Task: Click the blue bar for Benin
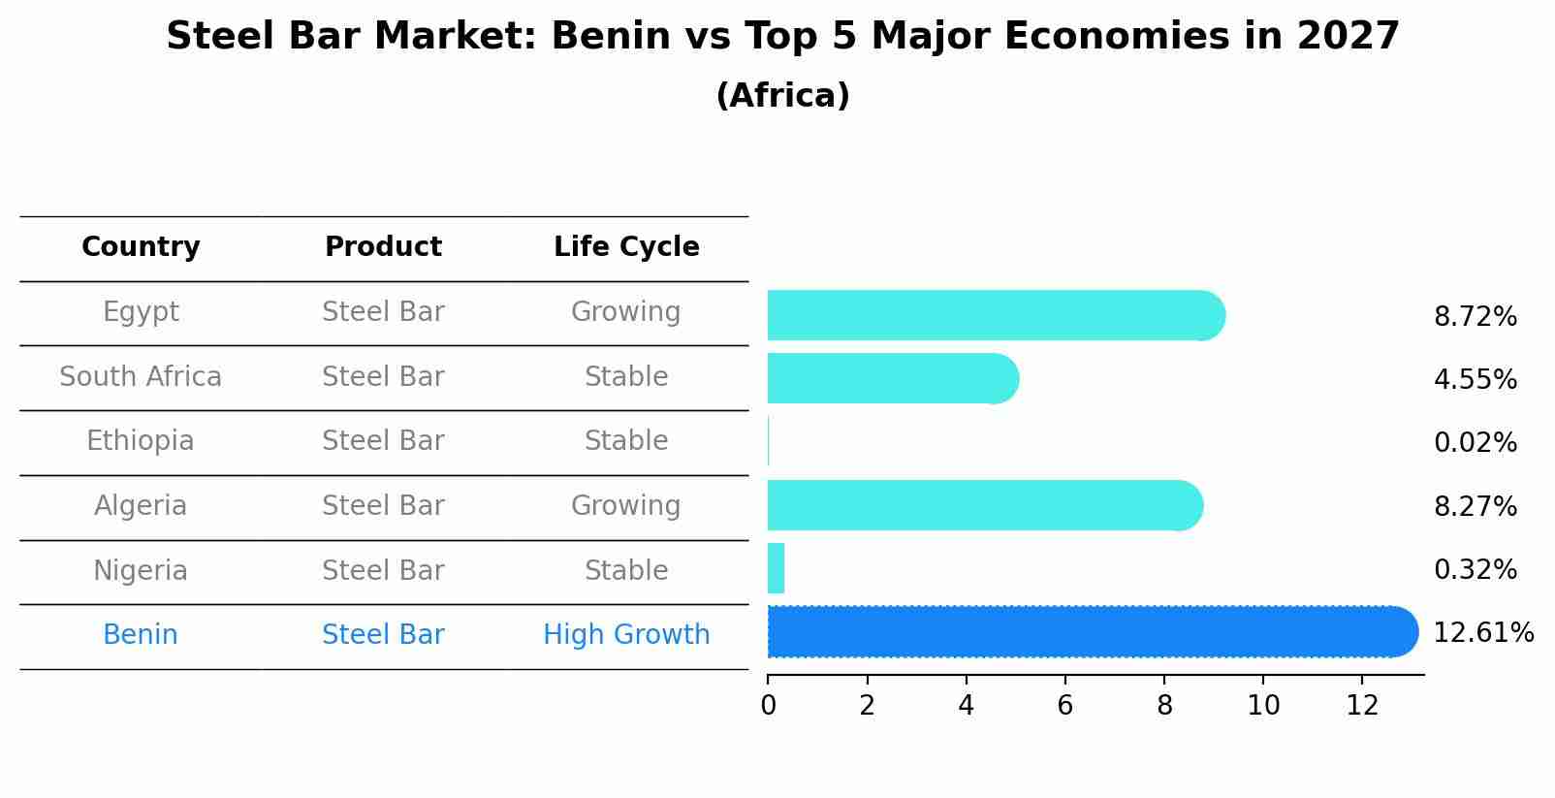pos(1086,632)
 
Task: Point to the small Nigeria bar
pos(776,568)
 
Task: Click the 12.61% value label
pos(1482,633)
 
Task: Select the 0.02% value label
pos(1475,443)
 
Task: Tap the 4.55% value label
pos(1475,379)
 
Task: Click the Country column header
pos(141,247)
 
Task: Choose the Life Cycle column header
pos(626,247)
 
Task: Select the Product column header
pos(383,247)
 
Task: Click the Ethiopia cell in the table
pos(141,441)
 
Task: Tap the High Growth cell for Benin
pos(626,635)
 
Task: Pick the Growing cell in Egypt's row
pos(626,312)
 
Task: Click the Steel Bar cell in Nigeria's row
pos(383,570)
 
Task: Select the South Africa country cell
pos(141,376)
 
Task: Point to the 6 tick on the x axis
pos(1064,706)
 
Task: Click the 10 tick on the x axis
pos(1263,706)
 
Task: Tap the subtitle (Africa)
pos(782,96)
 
